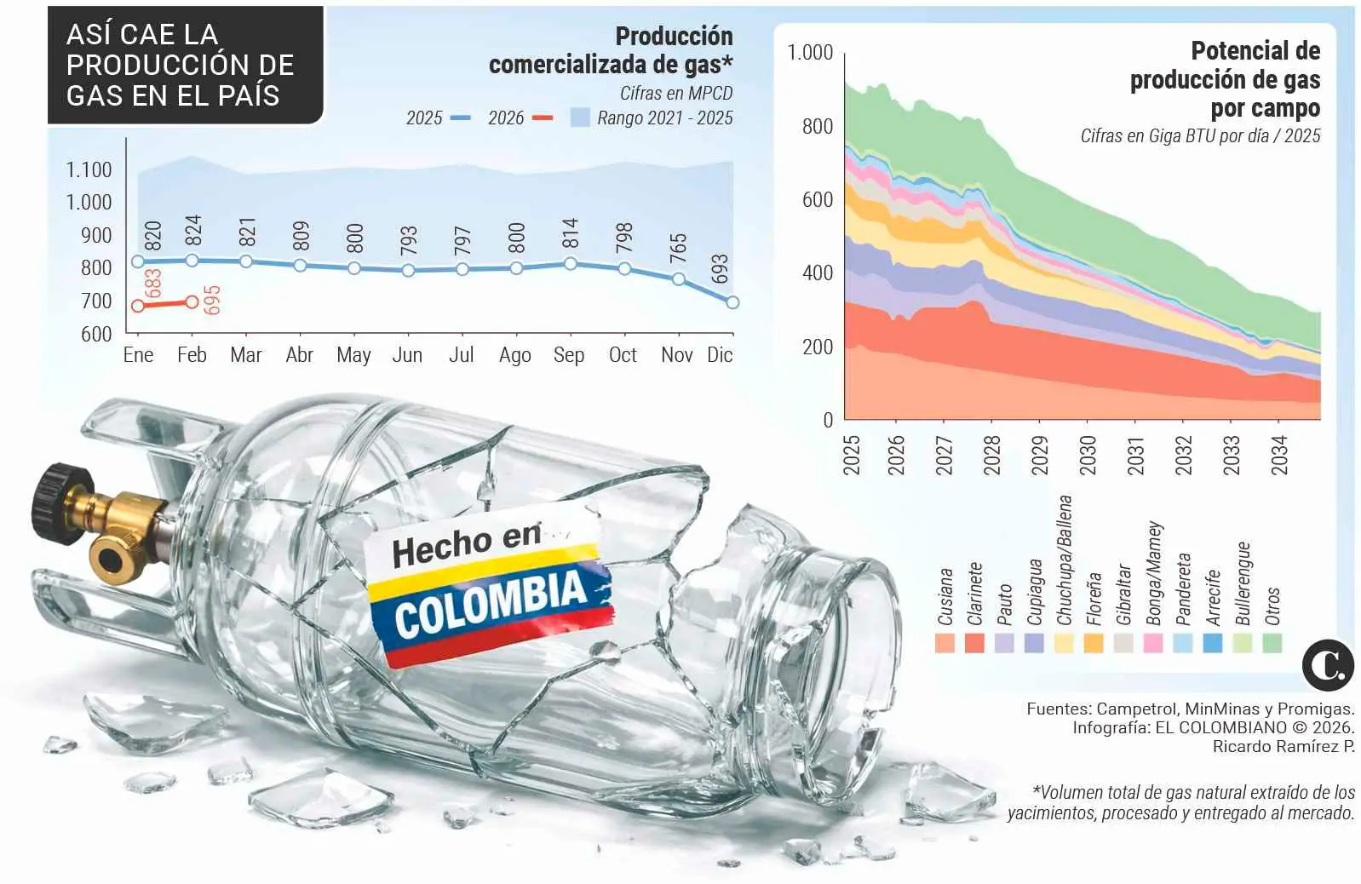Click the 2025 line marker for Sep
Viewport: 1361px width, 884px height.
570,264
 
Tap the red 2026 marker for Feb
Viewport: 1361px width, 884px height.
192,301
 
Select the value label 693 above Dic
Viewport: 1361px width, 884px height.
721,269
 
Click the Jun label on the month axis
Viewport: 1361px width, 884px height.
407,355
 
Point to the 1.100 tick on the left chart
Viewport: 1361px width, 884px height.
89,169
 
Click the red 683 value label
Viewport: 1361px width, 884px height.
154,284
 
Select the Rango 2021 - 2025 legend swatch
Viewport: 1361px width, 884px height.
580,118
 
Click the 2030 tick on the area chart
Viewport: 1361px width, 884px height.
1088,455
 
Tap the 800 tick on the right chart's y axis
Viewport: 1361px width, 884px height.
817,127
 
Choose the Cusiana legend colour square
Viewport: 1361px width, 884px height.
945,643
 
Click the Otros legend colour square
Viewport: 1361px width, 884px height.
1272,643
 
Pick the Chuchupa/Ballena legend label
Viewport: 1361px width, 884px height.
1064,560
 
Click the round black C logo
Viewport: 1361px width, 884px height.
1327,664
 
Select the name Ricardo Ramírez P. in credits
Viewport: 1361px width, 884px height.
1283,747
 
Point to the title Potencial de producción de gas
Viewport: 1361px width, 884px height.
1226,79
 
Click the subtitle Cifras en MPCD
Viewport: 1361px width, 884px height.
675,93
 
